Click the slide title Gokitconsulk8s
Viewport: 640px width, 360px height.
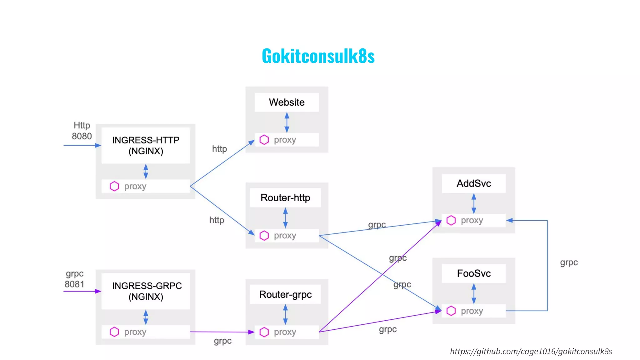[x=318, y=56]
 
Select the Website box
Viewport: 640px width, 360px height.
[x=287, y=102]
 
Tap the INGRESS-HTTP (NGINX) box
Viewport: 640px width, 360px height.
[x=146, y=146]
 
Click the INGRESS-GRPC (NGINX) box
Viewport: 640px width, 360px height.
[x=146, y=291]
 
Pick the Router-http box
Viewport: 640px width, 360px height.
[x=285, y=198]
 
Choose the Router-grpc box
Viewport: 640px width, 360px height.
[x=285, y=294]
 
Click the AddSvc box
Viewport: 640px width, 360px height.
[x=473, y=183]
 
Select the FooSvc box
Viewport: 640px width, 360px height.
[x=473, y=273]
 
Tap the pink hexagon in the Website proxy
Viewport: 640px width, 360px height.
[x=264, y=140]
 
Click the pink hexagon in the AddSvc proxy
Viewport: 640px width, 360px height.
[x=451, y=220]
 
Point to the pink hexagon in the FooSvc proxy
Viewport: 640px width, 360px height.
[x=451, y=311]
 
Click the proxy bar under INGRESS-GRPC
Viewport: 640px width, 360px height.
[x=146, y=332]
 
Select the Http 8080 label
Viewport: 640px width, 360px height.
[x=82, y=131]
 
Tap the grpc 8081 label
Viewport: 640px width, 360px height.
[x=74, y=279]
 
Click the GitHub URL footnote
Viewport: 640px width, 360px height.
[x=531, y=352]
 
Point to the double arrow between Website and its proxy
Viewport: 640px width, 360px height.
[x=287, y=122]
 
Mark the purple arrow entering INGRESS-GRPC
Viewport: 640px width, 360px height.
[x=82, y=291]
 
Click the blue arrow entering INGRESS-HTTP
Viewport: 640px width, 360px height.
[x=82, y=145]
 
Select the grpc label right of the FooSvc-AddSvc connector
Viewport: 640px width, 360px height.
[x=569, y=262]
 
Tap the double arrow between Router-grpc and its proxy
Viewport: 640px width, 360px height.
[x=285, y=314]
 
